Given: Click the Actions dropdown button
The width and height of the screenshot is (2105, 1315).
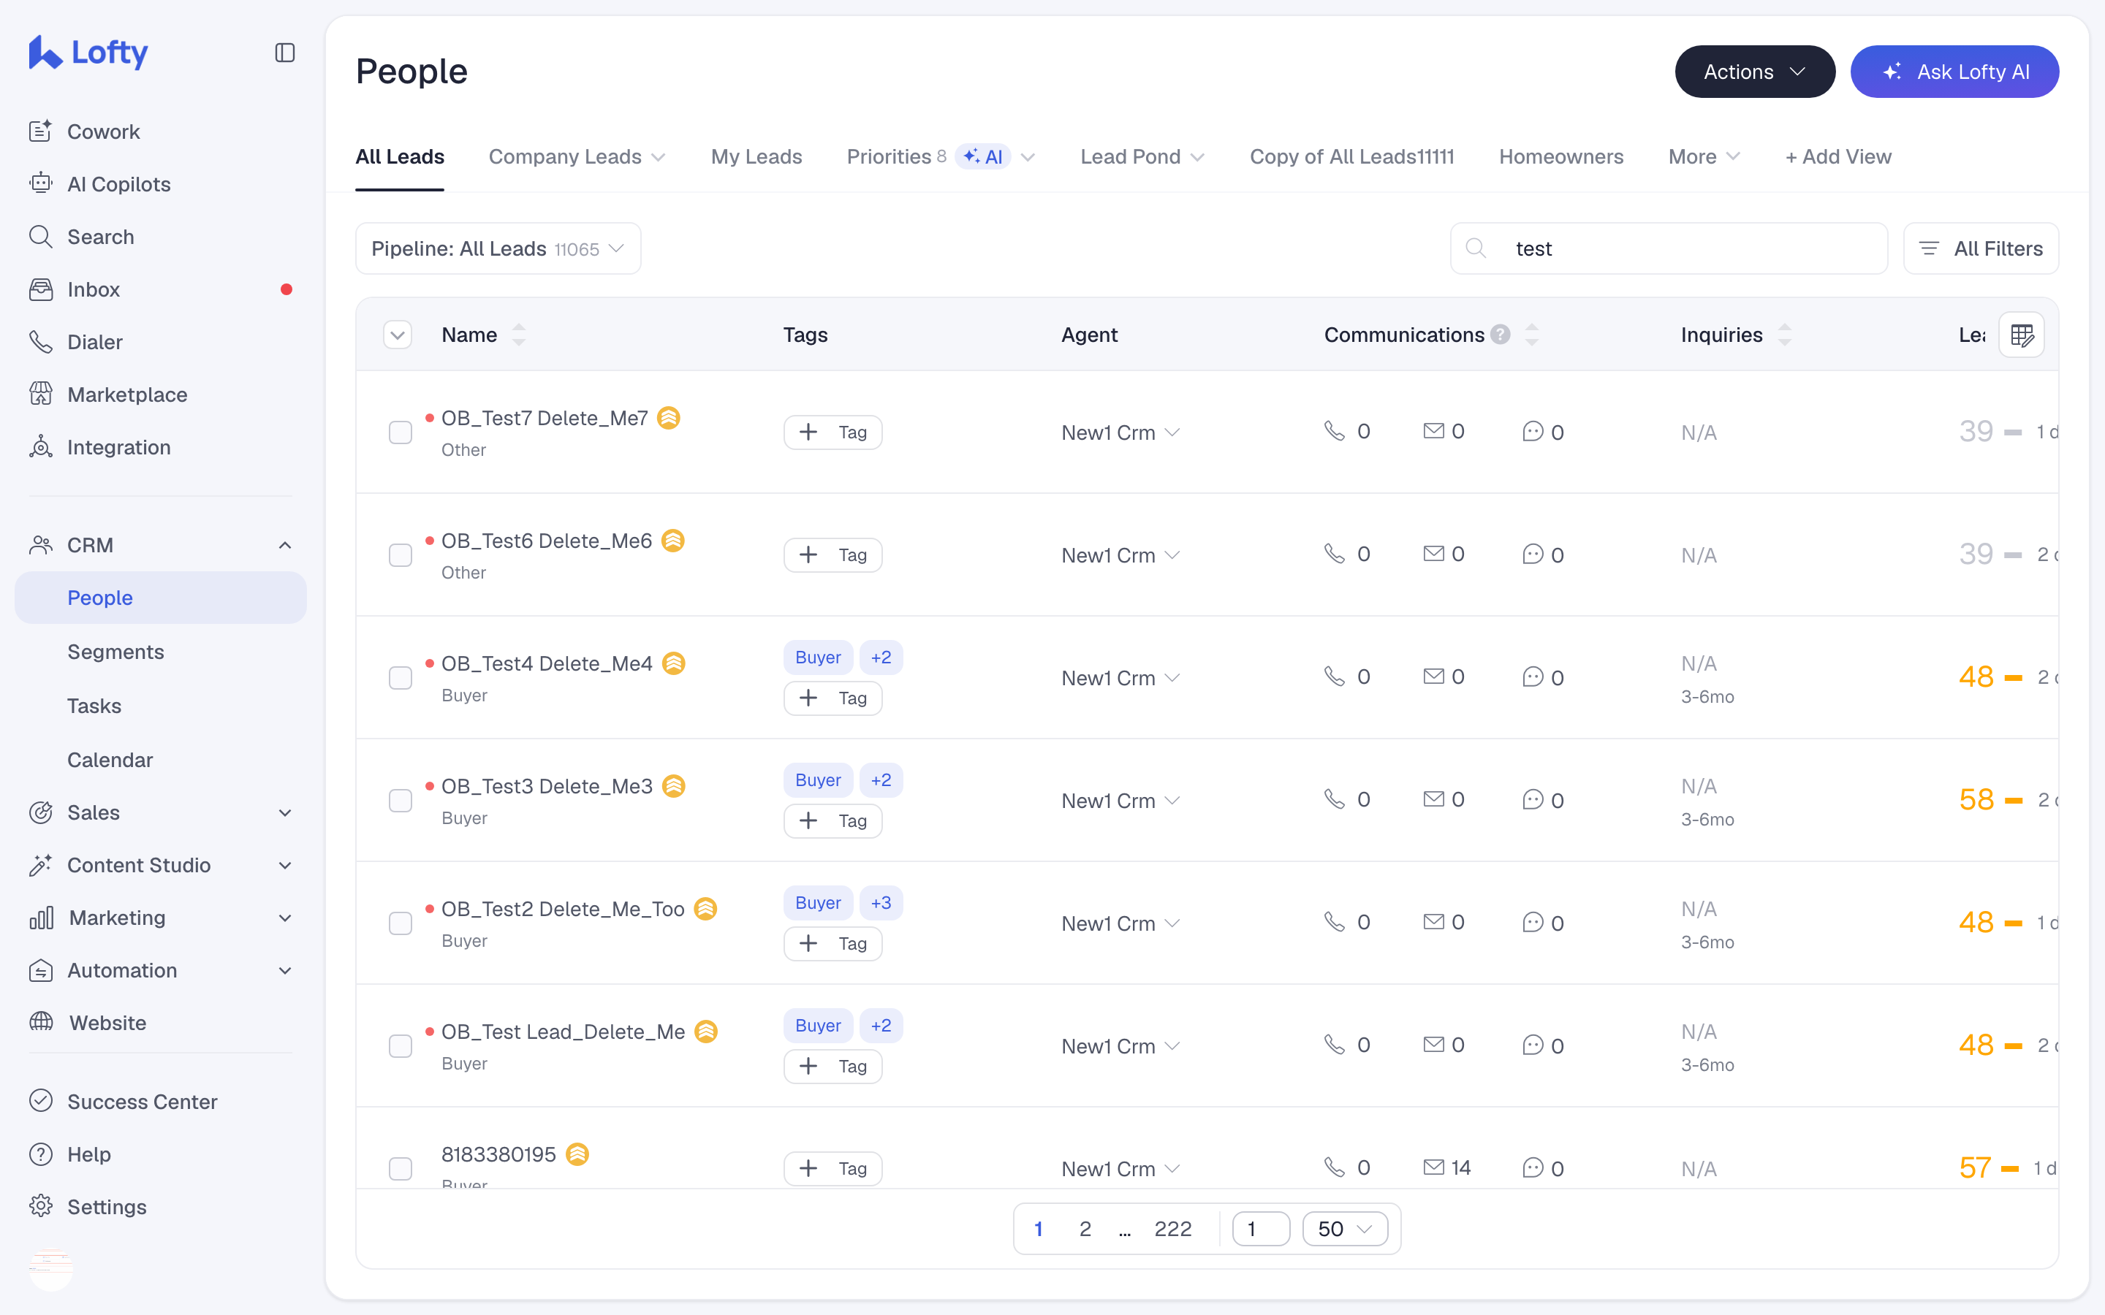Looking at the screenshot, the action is (x=1754, y=72).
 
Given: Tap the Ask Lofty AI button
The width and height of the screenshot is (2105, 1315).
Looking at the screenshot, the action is (x=1954, y=72).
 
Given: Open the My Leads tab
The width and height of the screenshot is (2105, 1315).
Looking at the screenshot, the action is (x=756, y=156).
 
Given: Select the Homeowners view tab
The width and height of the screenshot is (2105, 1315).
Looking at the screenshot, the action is (x=1560, y=156).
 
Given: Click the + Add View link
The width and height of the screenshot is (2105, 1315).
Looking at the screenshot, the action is (x=1838, y=156).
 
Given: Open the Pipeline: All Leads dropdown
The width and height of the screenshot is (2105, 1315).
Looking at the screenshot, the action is (x=498, y=248).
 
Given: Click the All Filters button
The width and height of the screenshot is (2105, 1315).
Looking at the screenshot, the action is (x=1981, y=248).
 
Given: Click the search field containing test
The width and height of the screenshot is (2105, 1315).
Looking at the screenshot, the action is (x=1669, y=248).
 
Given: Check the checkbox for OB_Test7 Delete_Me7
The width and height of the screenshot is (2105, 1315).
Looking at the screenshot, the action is (x=400, y=432).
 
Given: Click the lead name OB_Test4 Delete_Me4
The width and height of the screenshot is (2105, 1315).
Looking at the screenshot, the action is (x=546, y=663).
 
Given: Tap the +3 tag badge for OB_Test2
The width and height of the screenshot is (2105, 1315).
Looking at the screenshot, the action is (x=881, y=903).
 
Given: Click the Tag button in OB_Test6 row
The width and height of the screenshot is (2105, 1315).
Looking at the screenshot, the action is (x=832, y=555).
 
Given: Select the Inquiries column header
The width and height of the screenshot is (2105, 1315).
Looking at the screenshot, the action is (x=1721, y=335).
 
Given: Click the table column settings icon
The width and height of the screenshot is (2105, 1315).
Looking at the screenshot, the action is (x=2022, y=335).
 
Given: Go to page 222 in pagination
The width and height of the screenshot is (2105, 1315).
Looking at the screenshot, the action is (x=1172, y=1229).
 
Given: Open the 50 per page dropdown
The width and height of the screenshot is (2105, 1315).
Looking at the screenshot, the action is (x=1345, y=1229).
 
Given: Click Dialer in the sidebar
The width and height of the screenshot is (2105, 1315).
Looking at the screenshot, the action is (x=95, y=342).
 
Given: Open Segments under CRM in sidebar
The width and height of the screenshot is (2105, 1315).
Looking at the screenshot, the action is (x=115, y=652).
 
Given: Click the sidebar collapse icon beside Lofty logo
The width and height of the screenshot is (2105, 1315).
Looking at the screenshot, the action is (x=284, y=53).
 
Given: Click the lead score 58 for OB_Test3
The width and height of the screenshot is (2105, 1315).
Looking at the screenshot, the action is (x=1976, y=799).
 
